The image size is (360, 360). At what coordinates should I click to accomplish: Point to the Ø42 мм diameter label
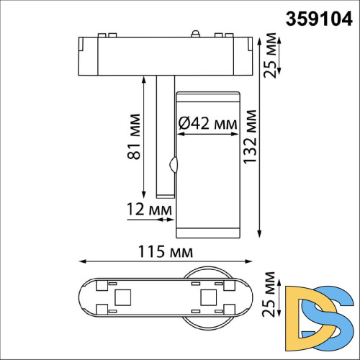click(207, 124)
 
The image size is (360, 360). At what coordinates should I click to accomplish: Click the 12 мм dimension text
click(148, 209)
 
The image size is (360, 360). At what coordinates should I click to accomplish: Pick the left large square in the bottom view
click(122, 297)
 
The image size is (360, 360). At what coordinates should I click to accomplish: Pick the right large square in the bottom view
click(208, 297)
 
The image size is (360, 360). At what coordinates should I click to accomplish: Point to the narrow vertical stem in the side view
click(163, 137)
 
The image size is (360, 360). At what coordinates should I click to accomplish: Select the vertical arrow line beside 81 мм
click(144, 136)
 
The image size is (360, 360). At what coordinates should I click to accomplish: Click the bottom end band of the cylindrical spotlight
click(207, 230)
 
